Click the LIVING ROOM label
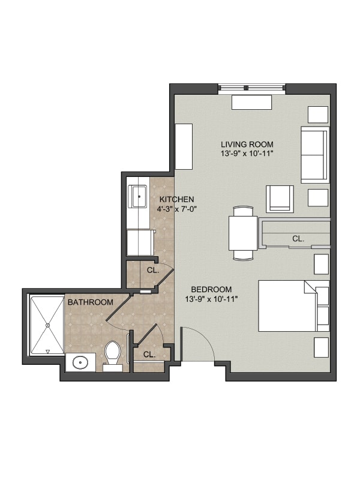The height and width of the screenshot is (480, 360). pos(247,144)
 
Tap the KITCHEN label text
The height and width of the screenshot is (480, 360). pos(176,199)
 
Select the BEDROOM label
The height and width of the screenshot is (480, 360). pos(211,289)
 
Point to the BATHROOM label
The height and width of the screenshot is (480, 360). pos(91,302)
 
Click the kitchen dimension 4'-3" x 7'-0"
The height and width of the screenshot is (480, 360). pos(176,209)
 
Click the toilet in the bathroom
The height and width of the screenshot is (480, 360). pos(112,356)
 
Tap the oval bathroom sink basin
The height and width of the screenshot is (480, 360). pos(80,362)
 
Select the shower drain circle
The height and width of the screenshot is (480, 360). pos(47,325)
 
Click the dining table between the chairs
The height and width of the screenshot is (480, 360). pos(243,233)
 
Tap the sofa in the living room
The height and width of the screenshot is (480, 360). pos(315,155)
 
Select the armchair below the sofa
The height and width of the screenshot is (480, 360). pos(280,199)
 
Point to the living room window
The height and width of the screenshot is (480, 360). pos(251,88)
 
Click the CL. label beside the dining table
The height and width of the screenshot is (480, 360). pos(298,238)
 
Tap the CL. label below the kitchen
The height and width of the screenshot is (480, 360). pos(153,271)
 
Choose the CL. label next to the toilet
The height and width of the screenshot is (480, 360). pos(149,355)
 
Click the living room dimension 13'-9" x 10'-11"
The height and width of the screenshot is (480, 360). pos(247,154)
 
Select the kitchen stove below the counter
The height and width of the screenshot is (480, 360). pos(140,242)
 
